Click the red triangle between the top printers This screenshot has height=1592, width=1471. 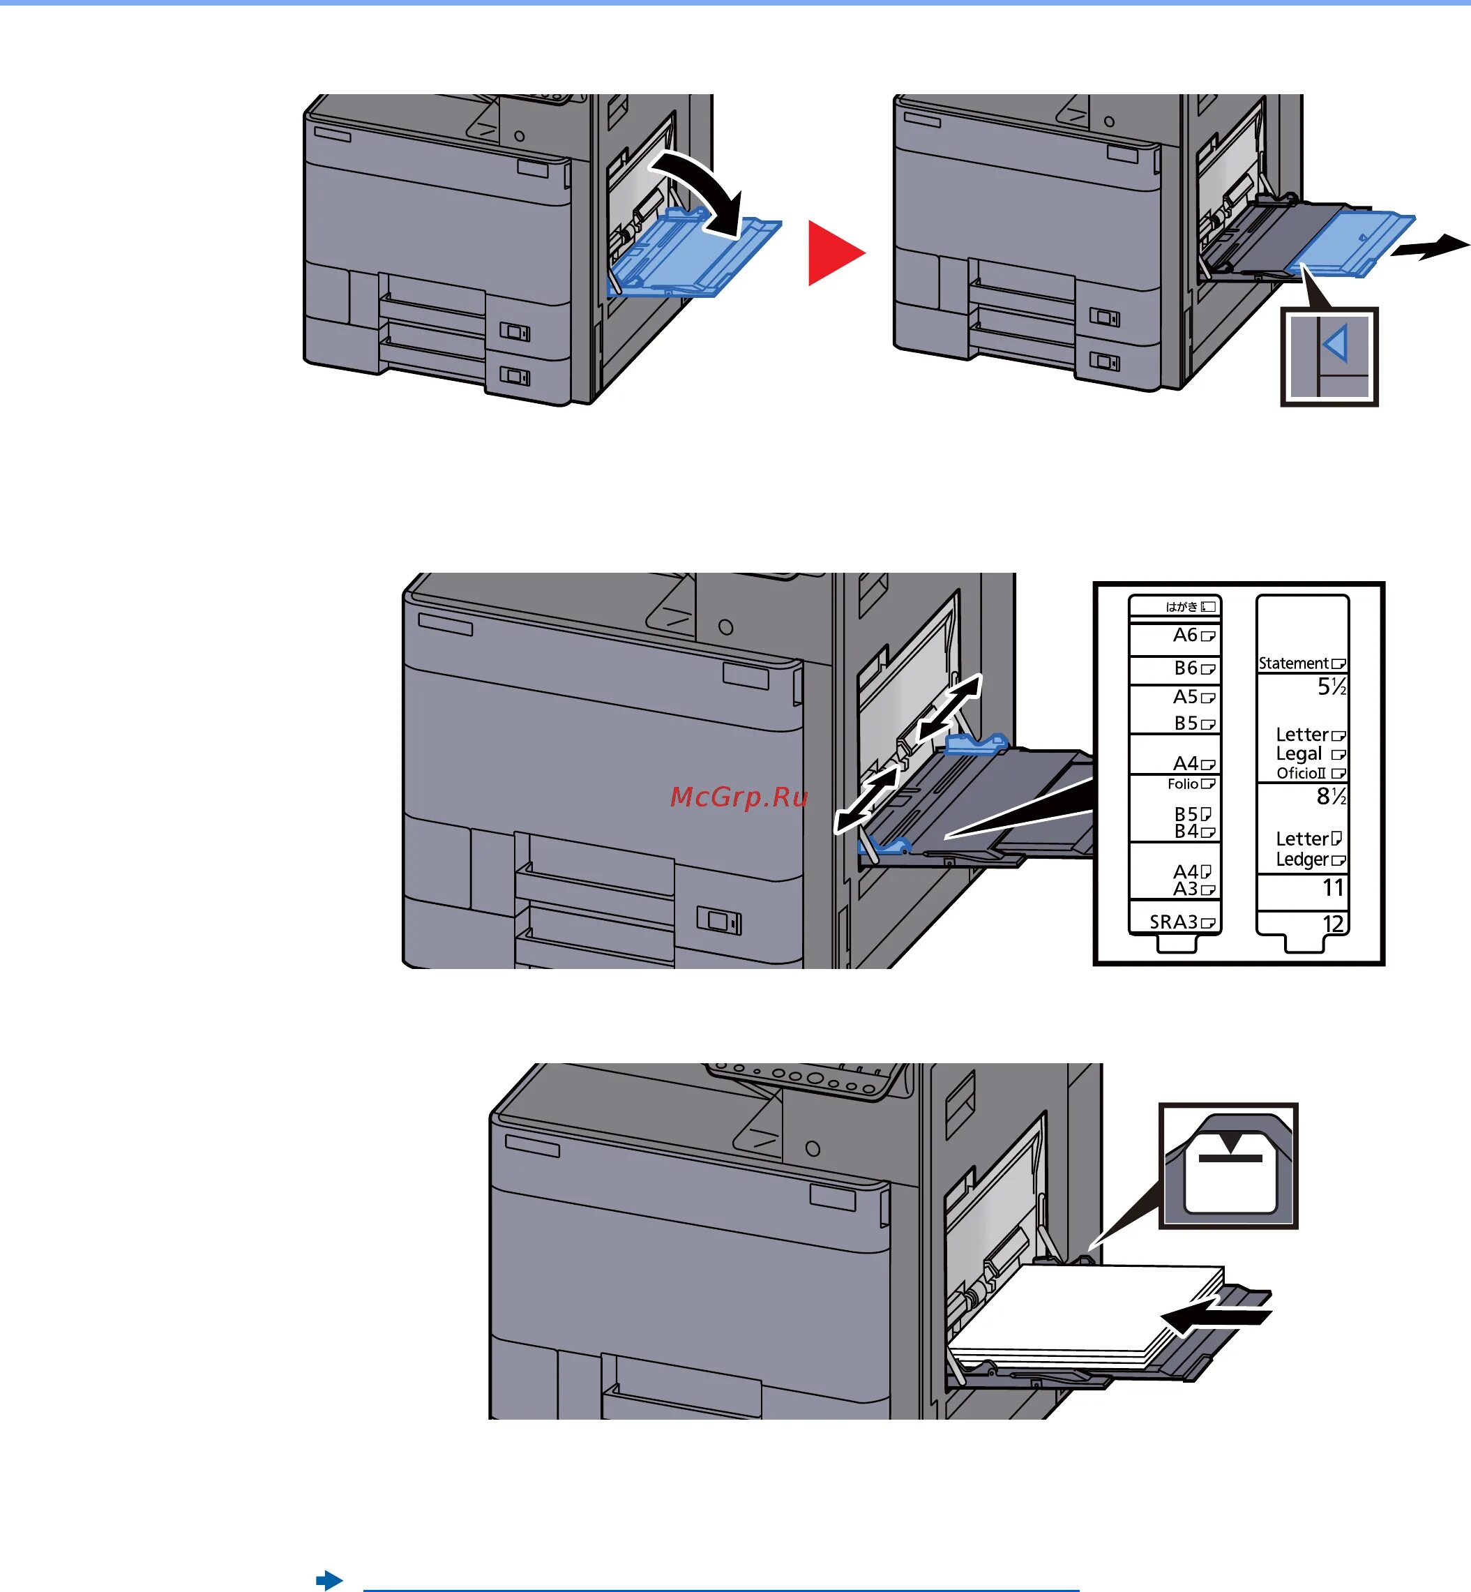point(833,253)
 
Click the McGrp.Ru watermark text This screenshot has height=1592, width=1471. point(739,797)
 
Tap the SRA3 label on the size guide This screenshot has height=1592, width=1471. point(1174,922)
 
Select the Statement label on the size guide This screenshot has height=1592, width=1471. point(1294,663)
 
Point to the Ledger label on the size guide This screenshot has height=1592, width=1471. point(1302,859)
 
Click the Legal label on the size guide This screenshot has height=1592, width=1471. point(1299,754)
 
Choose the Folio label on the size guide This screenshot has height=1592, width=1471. point(1183,784)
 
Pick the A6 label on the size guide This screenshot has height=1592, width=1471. point(1185,636)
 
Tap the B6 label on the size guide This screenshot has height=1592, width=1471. point(1186,668)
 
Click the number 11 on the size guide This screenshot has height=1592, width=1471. point(1334,887)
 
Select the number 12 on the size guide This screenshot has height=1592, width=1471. point(1334,924)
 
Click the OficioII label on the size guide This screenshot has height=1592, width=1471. point(1302,773)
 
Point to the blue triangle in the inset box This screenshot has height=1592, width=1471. point(1336,345)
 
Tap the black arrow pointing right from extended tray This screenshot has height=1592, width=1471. point(1430,247)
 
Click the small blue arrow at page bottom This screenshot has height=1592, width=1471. point(329,1580)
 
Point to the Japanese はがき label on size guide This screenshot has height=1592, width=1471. point(1182,606)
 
